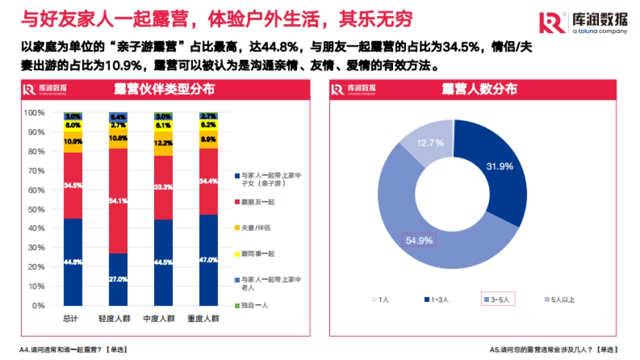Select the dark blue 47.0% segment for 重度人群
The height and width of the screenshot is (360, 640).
[x=209, y=260]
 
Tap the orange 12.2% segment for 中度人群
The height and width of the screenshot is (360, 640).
[x=164, y=143]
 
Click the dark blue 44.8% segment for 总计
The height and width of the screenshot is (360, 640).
[x=73, y=261]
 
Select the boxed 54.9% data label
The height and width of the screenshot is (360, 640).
[x=419, y=240]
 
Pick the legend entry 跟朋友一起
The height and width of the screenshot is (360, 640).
[x=258, y=202]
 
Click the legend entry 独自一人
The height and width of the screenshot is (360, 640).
[x=254, y=306]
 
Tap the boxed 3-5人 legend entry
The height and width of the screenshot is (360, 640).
[x=498, y=300]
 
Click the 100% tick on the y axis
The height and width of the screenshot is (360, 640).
[x=35, y=113]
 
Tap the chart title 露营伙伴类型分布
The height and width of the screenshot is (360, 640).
[x=164, y=89]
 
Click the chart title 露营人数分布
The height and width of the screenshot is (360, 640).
[x=479, y=89]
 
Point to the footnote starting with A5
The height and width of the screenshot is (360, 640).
[x=554, y=350]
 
